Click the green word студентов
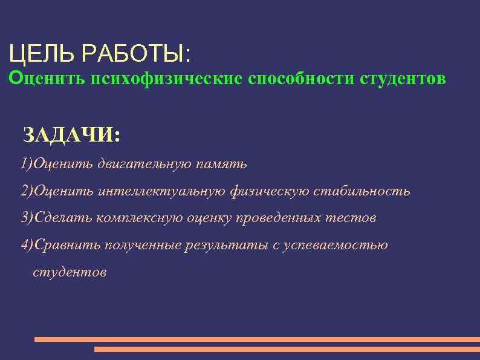403,79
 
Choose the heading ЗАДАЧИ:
71,135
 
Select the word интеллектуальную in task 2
161,191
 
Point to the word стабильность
369,191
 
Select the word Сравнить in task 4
67,245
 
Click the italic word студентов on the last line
70,272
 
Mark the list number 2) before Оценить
27,191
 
